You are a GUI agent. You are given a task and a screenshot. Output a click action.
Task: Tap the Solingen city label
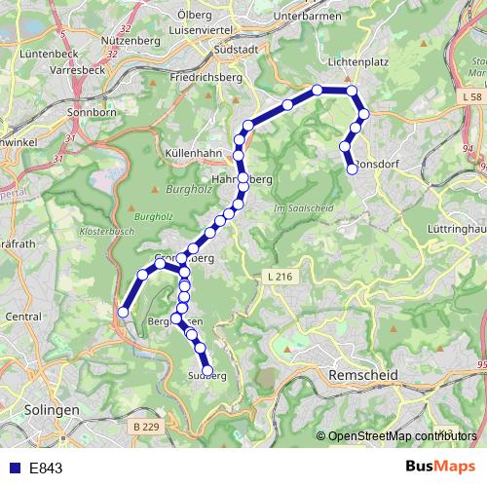point(54,410)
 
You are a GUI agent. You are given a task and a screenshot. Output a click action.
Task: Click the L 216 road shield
point(279,278)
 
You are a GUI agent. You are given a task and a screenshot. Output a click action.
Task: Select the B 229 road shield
point(145,427)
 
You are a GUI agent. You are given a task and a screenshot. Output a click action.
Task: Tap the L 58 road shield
point(470,97)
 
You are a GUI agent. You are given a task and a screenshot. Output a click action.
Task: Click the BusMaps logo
point(433,467)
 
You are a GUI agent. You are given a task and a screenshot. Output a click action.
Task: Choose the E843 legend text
point(46,468)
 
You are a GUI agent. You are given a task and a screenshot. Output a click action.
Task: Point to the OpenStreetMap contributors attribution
point(399,435)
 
